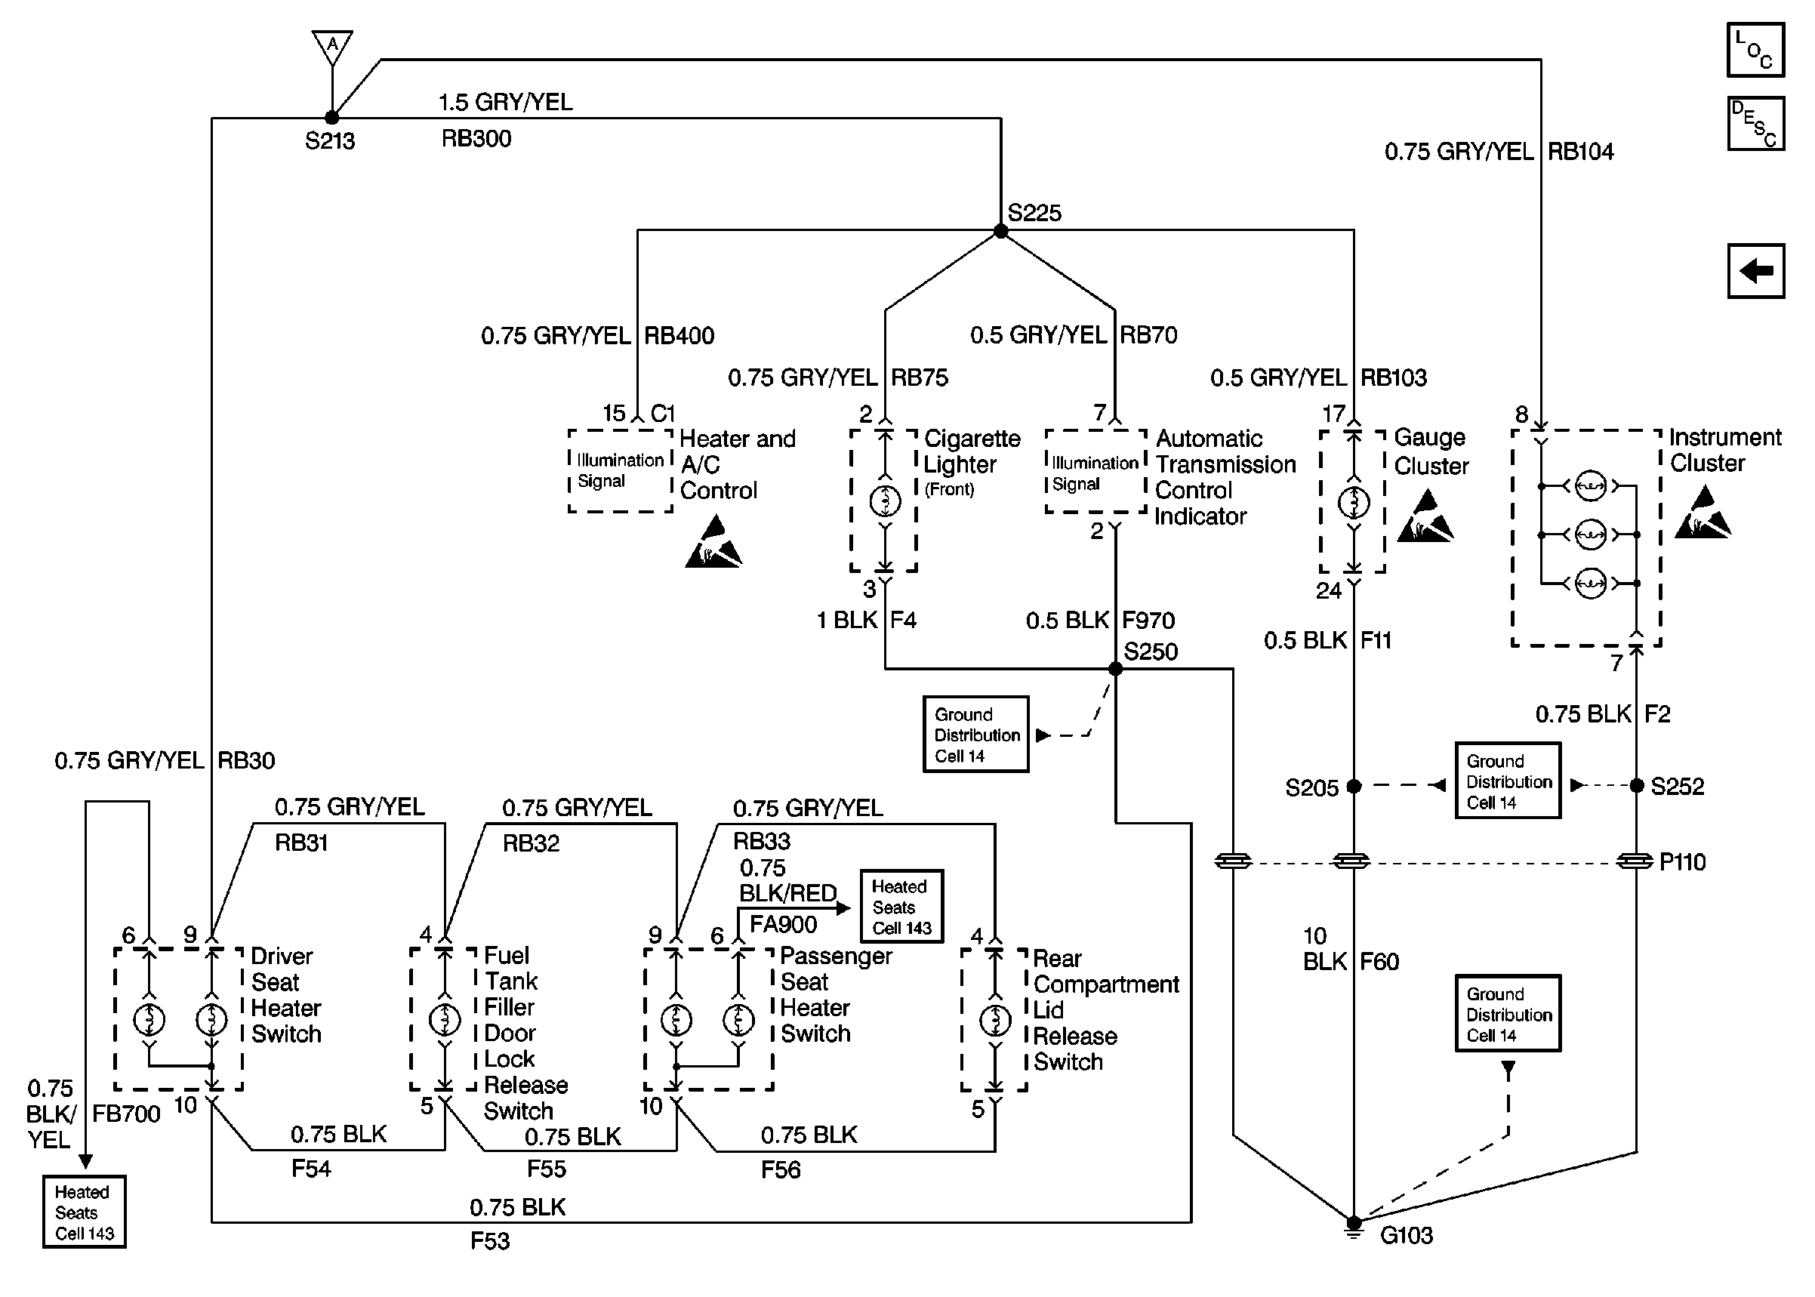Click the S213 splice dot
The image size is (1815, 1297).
point(332,119)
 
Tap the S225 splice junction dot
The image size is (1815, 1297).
point(1000,232)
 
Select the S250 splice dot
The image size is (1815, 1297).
point(1116,670)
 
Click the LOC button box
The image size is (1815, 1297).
point(1755,50)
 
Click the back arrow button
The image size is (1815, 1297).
point(1755,271)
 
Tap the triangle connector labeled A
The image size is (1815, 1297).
point(332,46)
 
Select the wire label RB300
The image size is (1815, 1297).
point(476,139)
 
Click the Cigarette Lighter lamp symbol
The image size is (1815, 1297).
point(885,501)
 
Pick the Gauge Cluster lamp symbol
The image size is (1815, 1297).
point(1354,502)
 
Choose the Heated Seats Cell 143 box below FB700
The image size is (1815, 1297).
point(85,1212)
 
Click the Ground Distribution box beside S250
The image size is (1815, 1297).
point(975,735)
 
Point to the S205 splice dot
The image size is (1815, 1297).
point(1354,787)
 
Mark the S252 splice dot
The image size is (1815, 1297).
point(1636,786)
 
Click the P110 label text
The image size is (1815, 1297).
point(1681,863)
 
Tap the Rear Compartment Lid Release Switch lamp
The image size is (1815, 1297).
point(995,1020)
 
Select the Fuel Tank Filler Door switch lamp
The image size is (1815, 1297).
point(445,1019)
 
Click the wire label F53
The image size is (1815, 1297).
point(489,1241)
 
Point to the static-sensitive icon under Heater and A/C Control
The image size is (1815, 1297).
point(713,543)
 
